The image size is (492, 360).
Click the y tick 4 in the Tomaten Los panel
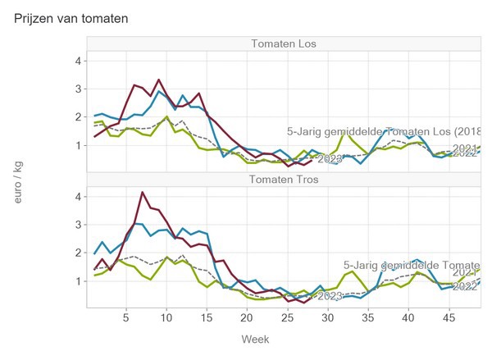point(75,60)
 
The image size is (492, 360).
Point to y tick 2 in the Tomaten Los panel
point(75,116)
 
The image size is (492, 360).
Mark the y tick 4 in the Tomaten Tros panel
point(75,196)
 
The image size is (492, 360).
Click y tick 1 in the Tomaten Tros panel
point(75,280)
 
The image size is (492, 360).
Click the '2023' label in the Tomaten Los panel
point(330,158)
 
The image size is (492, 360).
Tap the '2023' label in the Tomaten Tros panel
point(330,296)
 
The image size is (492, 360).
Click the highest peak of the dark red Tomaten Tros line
point(143,193)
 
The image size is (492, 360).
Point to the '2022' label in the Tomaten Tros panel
point(465,286)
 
